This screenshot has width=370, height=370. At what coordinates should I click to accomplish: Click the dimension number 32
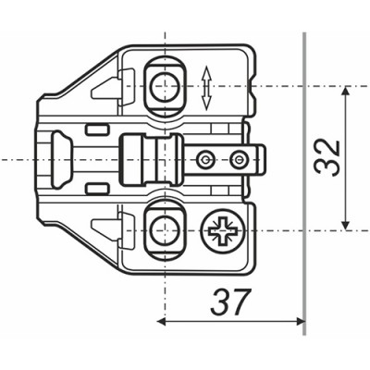327,158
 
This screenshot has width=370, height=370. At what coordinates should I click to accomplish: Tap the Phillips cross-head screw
223,230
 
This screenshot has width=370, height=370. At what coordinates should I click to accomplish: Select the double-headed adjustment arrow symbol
206,89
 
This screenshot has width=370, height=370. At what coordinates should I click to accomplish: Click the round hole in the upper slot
165,87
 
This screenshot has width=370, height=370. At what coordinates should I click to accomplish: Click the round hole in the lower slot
165,230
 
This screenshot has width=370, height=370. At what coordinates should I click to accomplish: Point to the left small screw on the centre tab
204,160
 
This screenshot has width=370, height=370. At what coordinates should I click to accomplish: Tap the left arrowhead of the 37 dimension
162,322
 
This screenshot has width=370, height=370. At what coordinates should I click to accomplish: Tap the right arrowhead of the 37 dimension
300,322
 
